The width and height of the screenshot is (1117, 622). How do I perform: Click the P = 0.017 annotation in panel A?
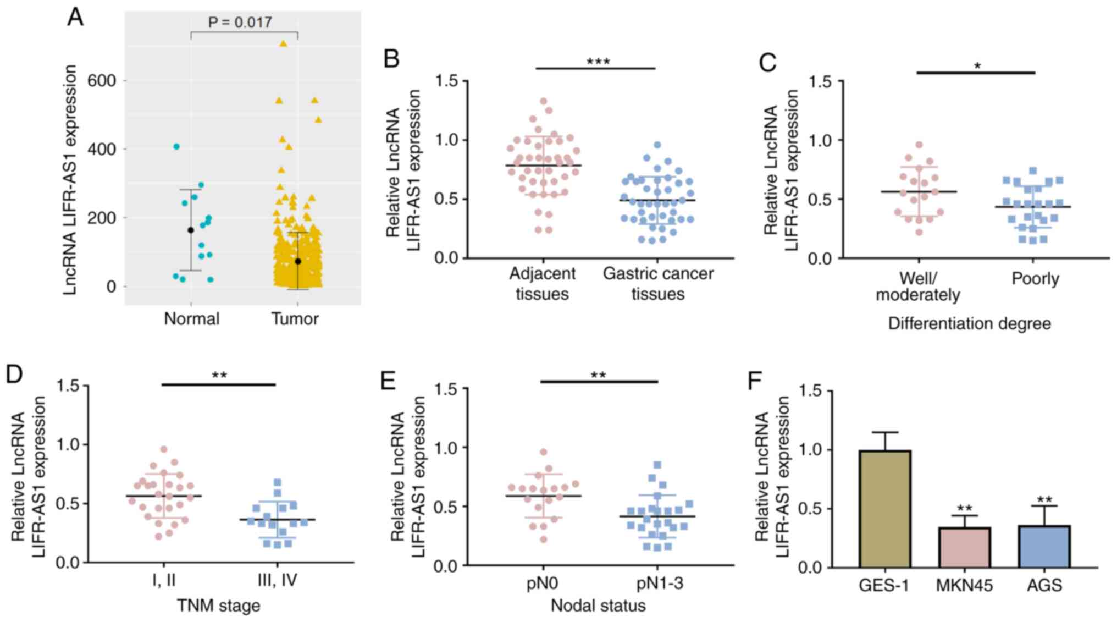pos(240,23)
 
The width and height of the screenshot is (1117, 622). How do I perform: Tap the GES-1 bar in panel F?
pos(884,509)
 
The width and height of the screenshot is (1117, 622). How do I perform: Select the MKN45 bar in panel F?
pos(964,547)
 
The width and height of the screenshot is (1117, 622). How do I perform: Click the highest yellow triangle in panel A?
pos(283,44)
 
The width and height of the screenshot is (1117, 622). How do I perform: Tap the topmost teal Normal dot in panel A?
pos(176,146)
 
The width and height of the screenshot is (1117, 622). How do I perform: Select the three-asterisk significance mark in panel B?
pos(598,62)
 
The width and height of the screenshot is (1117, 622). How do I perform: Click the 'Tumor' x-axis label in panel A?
pos(295,319)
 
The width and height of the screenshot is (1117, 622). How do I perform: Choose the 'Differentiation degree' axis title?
pos(969,323)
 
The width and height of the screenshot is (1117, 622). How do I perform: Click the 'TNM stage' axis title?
pos(218,606)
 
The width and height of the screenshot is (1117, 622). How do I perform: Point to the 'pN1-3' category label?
pos(660,583)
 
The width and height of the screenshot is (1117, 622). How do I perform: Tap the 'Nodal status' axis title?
pos(598,606)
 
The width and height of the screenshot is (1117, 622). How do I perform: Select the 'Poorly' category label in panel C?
pos(1035,279)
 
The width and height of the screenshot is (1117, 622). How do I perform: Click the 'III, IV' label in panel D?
pos(277,580)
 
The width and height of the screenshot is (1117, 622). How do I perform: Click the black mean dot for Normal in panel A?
pos(191,230)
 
